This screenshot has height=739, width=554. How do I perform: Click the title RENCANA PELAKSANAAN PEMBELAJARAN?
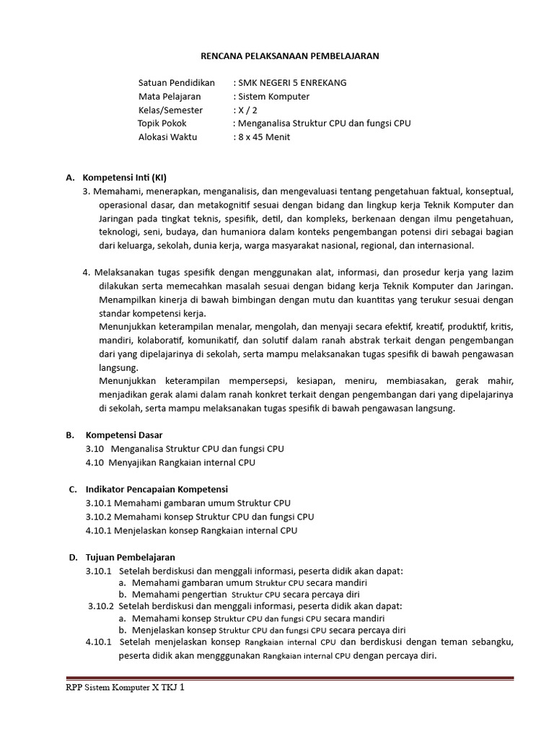289,56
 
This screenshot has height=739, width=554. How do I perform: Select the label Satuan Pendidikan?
177,82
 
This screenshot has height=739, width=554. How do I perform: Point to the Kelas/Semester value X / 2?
246,110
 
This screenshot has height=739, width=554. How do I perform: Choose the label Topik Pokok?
162,123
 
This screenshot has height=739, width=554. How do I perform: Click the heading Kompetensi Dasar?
124,434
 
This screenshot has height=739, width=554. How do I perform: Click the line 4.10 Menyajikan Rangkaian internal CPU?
170,462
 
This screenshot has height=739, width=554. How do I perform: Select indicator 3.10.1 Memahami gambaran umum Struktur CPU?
188,503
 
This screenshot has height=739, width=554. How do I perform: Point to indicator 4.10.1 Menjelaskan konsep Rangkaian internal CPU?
191,530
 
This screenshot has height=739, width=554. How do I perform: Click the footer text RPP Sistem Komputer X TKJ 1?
125,688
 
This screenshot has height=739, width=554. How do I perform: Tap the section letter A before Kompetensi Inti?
71,178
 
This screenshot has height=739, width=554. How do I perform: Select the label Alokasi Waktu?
167,137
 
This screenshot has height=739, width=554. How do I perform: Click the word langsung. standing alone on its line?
118,367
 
